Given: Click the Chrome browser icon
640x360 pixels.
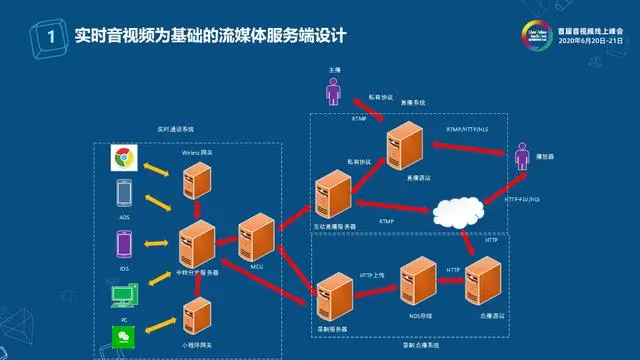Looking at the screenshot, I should pos(125,159).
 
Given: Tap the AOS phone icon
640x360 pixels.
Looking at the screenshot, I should pos(125,192).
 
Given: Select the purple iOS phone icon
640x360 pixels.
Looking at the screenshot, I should pos(125,245).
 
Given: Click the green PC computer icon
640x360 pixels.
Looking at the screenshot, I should pos(124,295).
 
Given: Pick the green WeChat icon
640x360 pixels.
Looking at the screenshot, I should pos(124,336).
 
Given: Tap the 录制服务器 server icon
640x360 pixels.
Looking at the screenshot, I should pos(331,294).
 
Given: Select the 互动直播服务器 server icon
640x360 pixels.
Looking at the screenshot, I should pos(331,192).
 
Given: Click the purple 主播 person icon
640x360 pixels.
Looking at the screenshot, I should pos(333,92).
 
